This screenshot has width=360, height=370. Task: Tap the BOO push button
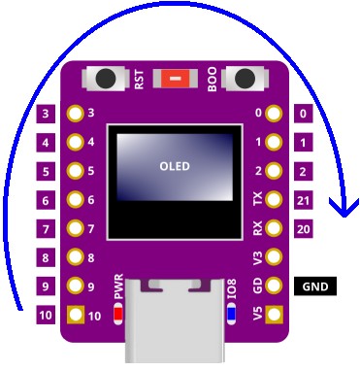tap(246, 79)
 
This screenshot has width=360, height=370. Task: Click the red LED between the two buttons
tap(176, 80)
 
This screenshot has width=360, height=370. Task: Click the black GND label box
tap(314, 286)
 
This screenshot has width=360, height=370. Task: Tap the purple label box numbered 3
tap(46, 114)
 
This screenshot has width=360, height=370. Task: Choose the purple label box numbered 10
tap(46, 316)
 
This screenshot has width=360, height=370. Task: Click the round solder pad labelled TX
tap(275, 200)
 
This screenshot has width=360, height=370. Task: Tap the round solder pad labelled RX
tap(275, 229)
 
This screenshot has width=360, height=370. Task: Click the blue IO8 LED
tap(230, 314)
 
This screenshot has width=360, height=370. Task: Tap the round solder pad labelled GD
tap(275, 286)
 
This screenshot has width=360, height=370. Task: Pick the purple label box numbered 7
tap(46, 229)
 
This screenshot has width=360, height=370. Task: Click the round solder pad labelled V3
tap(275, 258)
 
